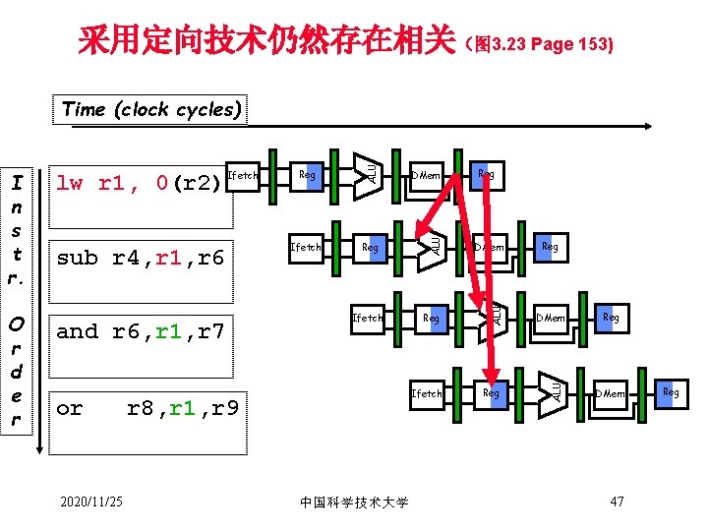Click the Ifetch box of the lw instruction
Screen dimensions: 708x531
click(x=243, y=176)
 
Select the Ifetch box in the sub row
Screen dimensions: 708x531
click(x=306, y=248)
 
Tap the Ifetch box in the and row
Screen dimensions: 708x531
click(x=369, y=319)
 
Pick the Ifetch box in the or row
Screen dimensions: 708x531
click(x=428, y=393)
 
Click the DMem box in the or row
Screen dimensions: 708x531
click(x=610, y=393)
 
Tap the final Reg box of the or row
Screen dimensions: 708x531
click(x=671, y=392)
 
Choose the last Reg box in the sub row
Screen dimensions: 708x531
click(x=549, y=248)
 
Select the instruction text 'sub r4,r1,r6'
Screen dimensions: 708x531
click(x=141, y=258)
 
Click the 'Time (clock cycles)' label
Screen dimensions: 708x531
click(x=151, y=109)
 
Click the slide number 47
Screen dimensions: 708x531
click(x=618, y=502)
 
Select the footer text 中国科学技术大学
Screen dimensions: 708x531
click(x=353, y=503)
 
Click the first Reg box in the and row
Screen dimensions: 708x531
click(x=431, y=319)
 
